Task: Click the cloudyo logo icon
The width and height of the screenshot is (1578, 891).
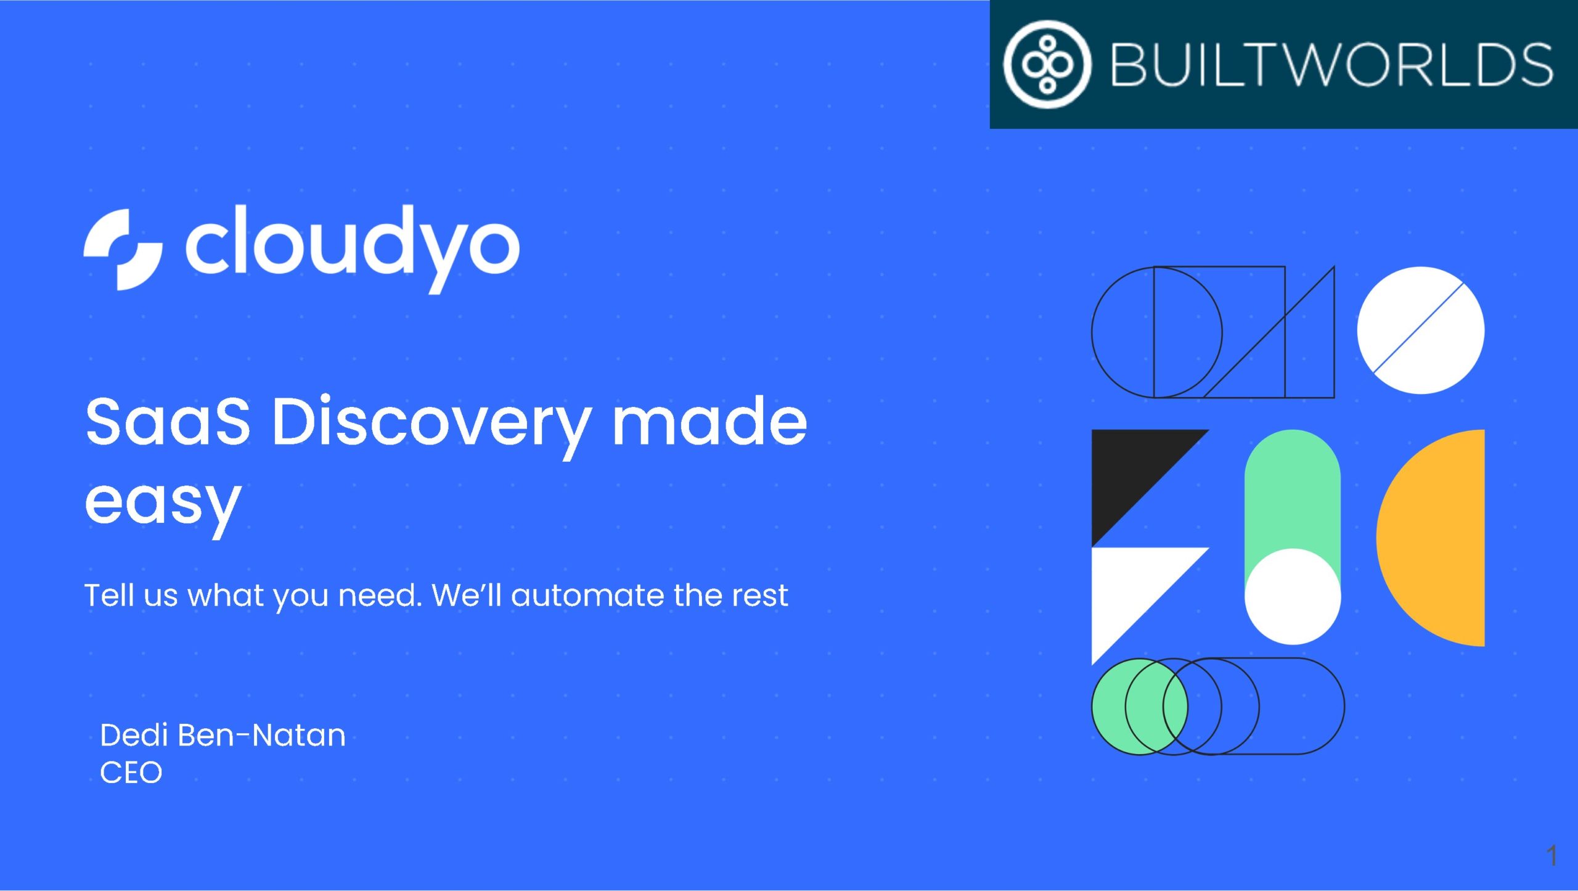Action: pyautogui.click(x=123, y=249)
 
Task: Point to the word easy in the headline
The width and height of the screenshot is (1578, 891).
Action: pyautogui.click(x=163, y=506)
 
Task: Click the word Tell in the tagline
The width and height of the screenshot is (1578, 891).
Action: pyautogui.click(x=109, y=595)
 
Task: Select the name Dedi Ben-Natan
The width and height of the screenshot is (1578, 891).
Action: pyautogui.click(x=223, y=735)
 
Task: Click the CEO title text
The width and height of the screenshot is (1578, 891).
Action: pyautogui.click(x=131, y=773)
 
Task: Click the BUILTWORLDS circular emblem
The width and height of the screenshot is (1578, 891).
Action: pyautogui.click(x=1047, y=64)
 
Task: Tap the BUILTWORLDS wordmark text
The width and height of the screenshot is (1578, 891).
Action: pyautogui.click(x=1331, y=65)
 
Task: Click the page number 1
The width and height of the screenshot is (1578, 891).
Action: pyautogui.click(x=1551, y=855)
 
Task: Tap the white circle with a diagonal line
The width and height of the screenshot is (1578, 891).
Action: pyautogui.click(x=1421, y=331)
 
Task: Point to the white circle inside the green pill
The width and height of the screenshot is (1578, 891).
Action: pyautogui.click(x=1293, y=596)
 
